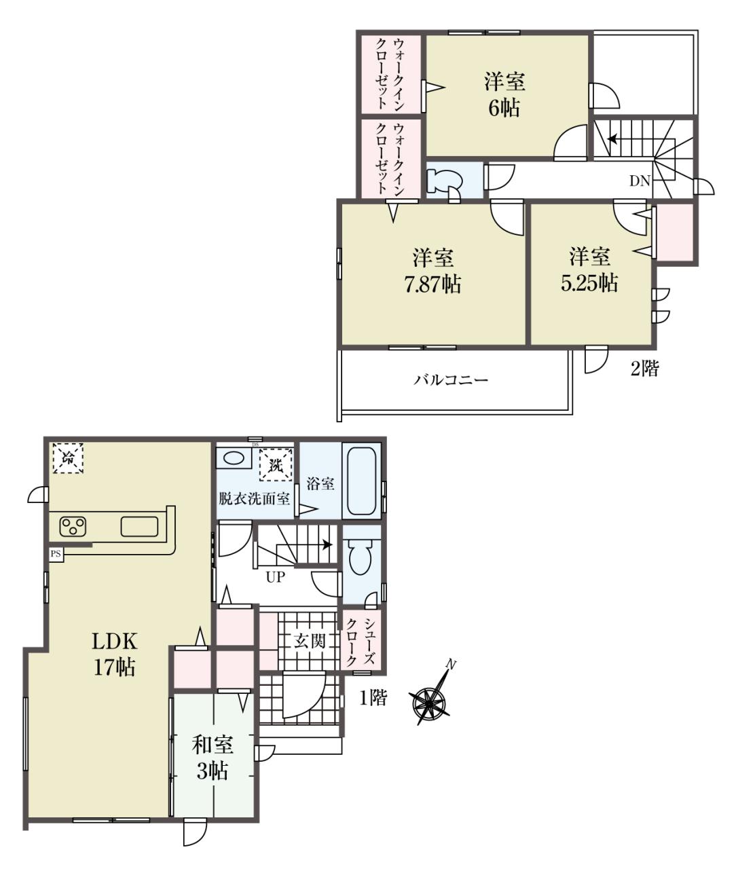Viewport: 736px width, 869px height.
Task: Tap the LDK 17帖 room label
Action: (x=114, y=654)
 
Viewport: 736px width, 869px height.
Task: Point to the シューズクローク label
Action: (x=361, y=642)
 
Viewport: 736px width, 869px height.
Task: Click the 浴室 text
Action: (x=320, y=483)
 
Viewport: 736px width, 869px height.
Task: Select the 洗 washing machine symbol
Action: (x=276, y=464)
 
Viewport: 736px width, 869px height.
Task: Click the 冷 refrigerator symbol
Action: (x=68, y=458)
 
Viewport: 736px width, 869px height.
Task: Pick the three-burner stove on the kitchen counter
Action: (x=73, y=526)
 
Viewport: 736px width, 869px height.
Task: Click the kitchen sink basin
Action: (x=140, y=526)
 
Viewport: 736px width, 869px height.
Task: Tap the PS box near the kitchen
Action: (x=56, y=554)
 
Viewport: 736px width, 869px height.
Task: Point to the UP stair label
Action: (x=276, y=577)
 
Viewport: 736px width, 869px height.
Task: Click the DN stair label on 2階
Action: (x=640, y=181)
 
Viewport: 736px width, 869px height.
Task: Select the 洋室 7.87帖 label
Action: (x=433, y=270)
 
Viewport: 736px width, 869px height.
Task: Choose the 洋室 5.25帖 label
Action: (x=589, y=270)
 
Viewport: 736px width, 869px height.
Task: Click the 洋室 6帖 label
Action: (x=504, y=94)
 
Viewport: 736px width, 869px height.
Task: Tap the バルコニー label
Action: (x=450, y=380)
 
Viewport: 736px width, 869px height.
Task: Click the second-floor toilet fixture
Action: (x=443, y=182)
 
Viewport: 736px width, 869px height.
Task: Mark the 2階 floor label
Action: (x=644, y=369)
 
